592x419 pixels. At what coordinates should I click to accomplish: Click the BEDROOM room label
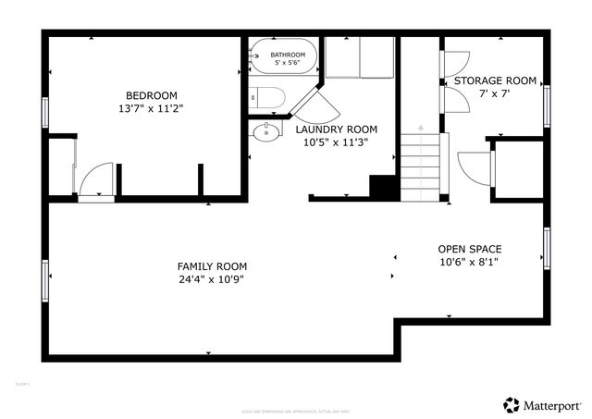152,95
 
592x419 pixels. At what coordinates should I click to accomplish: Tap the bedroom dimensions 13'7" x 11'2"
152,108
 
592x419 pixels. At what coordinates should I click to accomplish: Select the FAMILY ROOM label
212,266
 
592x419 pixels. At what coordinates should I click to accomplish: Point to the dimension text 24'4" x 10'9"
212,279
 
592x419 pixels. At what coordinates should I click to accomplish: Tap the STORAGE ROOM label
495,81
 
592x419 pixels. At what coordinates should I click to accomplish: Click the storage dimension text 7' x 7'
495,94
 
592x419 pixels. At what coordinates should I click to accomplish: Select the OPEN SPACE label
470,249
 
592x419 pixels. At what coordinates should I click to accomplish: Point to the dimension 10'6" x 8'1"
470,262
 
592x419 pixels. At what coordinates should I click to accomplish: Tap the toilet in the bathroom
265,95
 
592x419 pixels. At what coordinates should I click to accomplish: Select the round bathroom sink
266,132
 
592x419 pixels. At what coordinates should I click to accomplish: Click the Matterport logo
543,404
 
